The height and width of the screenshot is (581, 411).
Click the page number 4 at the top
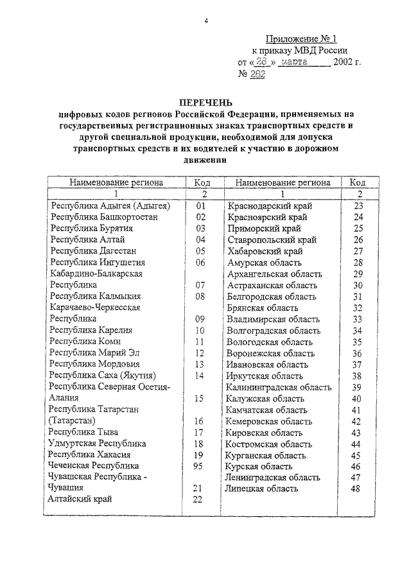tap(206, 21)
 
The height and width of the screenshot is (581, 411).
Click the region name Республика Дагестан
tap(94, 251)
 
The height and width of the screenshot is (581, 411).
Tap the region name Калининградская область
tap(279, 387)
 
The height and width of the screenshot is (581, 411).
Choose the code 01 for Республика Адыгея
tap(200, 206)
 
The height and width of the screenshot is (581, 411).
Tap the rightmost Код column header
tap(358, 182)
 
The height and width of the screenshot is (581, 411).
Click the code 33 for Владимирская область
tap(358, 319)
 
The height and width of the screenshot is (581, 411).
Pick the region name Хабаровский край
tap(266, 251)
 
